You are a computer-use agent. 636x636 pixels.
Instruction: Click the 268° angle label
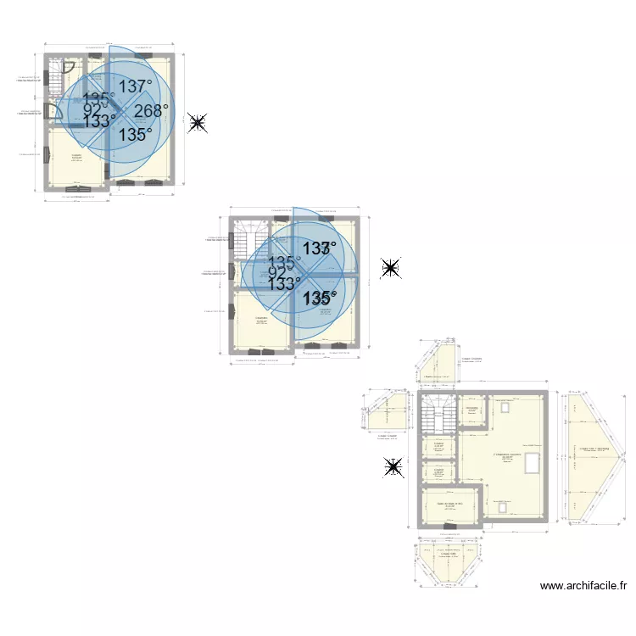point(151,111)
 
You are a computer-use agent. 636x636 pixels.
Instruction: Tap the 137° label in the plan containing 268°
point(135,86)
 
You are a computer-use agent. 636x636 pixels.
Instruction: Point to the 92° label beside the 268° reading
point(92,109)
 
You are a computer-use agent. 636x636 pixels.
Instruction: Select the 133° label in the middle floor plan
point(284,284)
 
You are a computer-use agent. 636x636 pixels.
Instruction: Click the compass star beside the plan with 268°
point(198,124)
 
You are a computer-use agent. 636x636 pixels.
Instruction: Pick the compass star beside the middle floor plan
point(390,269)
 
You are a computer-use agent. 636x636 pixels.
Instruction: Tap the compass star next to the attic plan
point(393,467)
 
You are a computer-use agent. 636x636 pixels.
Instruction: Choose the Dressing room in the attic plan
point(471,413)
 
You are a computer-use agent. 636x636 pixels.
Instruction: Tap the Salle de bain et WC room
point(449,506)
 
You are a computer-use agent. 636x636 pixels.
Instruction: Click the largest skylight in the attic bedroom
point(533,464)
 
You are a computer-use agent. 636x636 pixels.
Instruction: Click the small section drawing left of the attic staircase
point(387,415)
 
